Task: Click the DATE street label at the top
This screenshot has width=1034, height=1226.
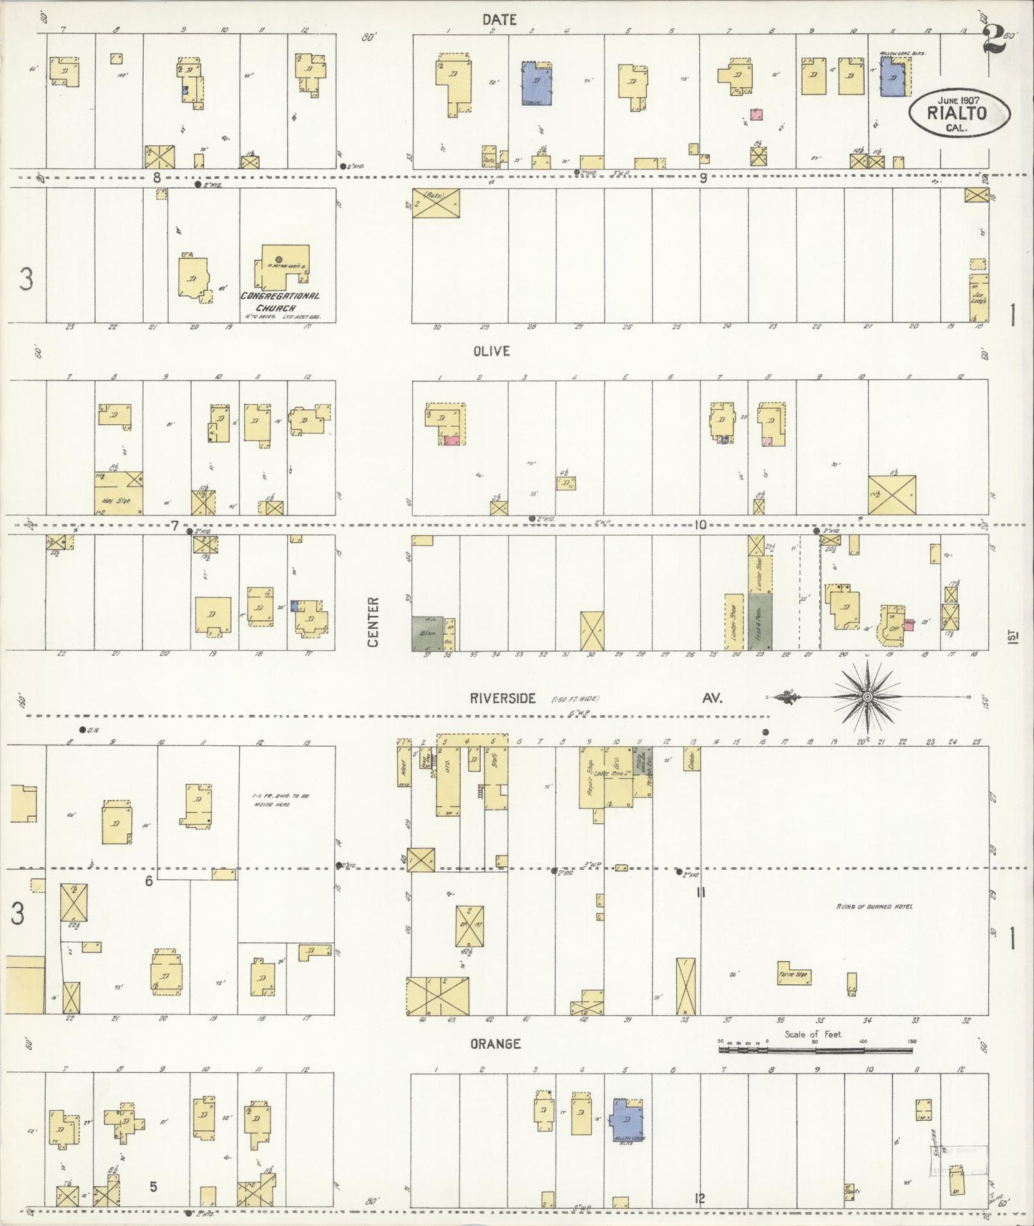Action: click(x=499, y=20)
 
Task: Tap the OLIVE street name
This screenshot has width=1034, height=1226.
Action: click(x=490, y=351)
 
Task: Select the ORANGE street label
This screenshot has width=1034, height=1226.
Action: click(x=495, y=1044)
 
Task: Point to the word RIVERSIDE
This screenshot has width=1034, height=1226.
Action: click(x=503, y=699)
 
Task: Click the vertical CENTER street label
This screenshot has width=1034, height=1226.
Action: click(x=373, y=622)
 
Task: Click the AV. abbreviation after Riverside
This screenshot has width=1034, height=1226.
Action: click(x=711, y=698)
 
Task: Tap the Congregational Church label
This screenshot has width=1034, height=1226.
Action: click(x=280, y=300)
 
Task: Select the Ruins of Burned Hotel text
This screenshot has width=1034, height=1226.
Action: click(x=874, y=907)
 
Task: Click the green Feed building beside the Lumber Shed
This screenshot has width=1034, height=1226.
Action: click(x=760, y=622)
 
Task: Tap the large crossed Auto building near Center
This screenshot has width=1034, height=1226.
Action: click(x=436, y=203)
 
